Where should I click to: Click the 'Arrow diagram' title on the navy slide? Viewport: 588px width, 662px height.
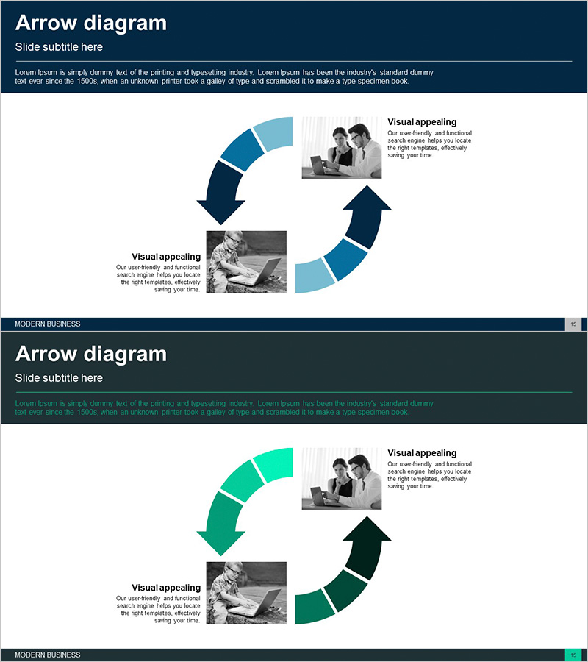91,24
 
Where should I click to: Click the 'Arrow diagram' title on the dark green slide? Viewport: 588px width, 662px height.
91,355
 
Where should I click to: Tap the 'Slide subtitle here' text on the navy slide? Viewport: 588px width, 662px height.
59,47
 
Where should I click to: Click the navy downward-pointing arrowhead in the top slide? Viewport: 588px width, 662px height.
221,211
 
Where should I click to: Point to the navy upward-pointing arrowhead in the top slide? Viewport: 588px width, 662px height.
367,198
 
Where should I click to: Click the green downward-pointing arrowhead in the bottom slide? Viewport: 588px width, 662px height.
221,542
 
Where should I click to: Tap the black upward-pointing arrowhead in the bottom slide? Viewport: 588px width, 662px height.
367,529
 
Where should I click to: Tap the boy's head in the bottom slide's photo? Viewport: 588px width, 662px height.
233,572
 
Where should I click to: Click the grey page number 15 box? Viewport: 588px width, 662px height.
573,324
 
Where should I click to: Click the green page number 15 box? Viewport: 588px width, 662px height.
573,655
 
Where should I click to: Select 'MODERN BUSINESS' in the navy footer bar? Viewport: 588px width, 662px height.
48,324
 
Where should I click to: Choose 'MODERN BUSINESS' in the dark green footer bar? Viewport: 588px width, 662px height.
48,655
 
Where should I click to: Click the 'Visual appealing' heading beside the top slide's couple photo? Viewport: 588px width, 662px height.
422,122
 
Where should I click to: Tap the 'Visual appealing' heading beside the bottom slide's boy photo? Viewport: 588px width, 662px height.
166,588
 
